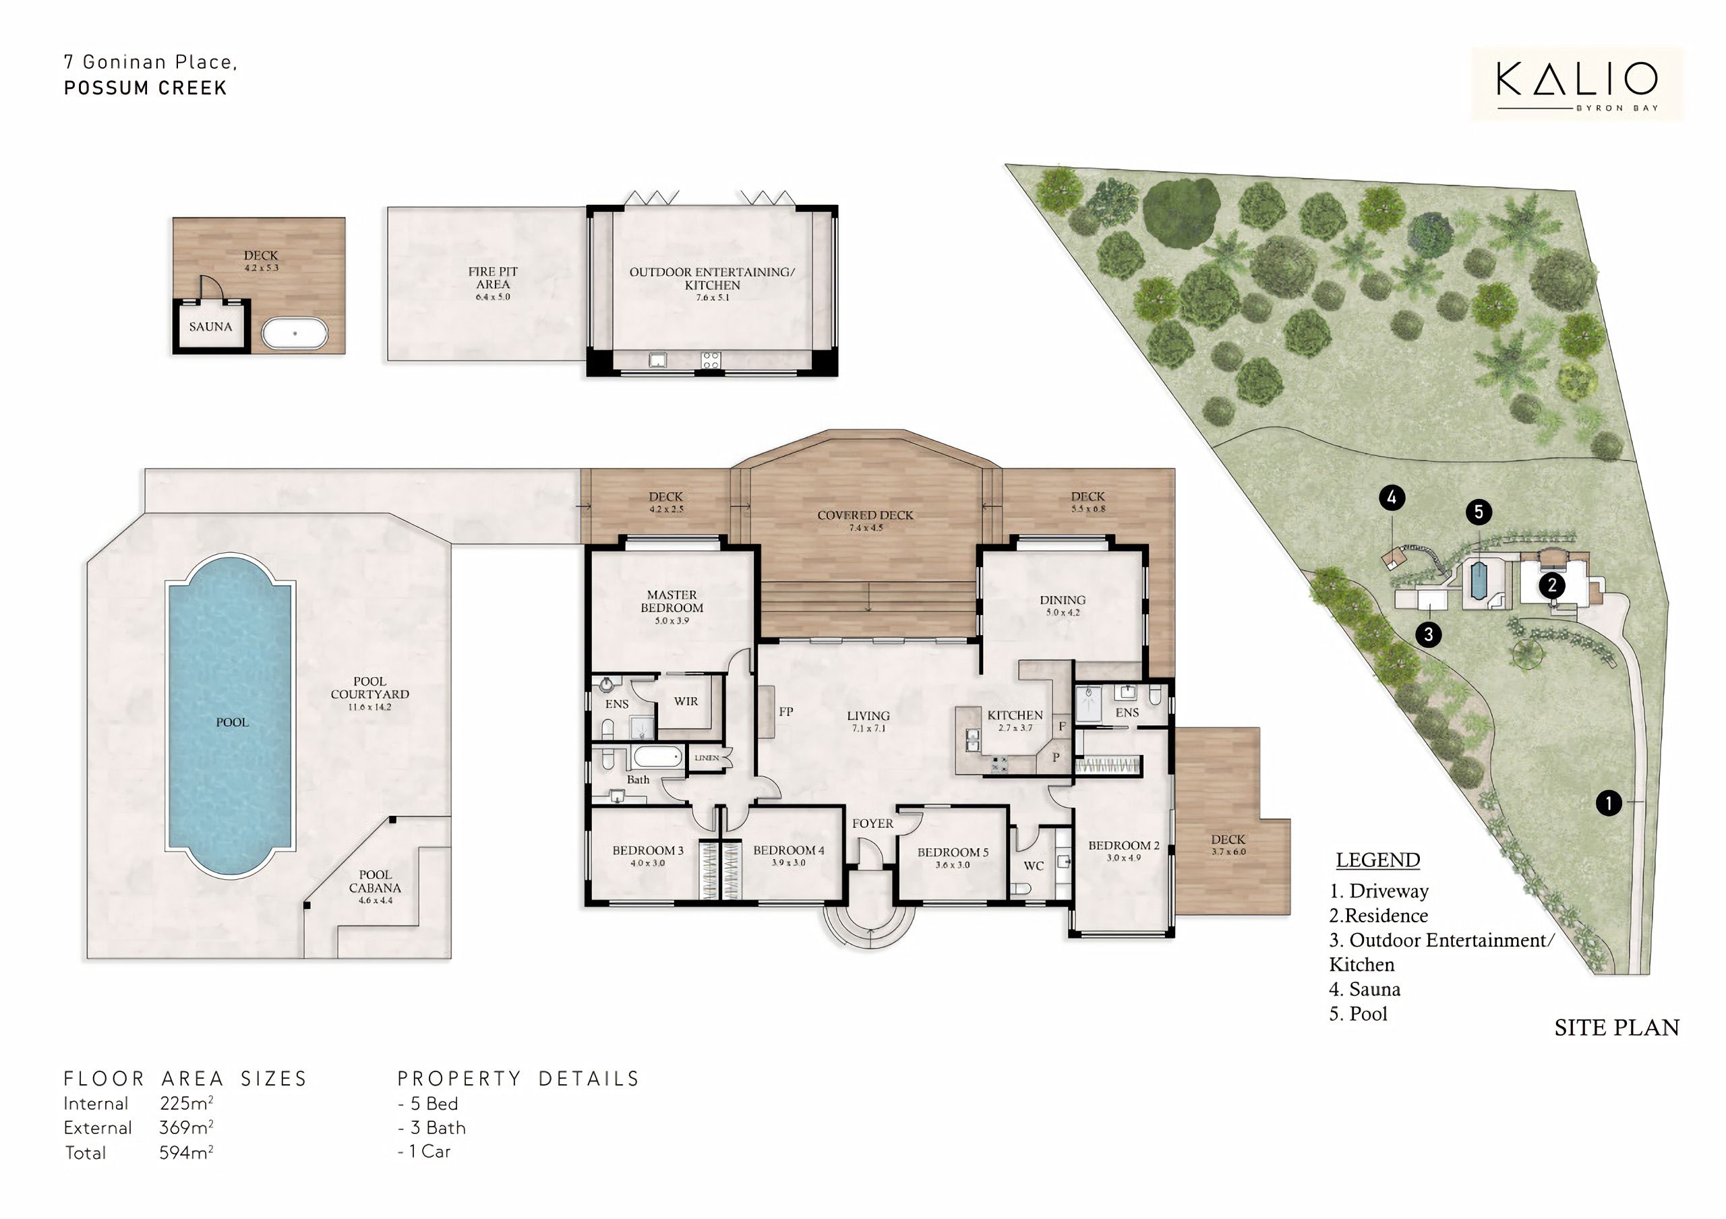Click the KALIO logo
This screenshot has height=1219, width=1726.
(x=1577, y=84)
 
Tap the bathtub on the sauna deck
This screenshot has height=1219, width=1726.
(x=295, y=333)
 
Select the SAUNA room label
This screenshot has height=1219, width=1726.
(x=210, y=327)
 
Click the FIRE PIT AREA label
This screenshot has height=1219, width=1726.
(x=493, y=277)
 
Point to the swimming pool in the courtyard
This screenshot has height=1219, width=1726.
(x=229, y=715)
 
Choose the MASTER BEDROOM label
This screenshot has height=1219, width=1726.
(x=672, y=601)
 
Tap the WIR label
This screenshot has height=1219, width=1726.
(x=686, y=701)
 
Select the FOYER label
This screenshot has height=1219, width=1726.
(x=872, y=824)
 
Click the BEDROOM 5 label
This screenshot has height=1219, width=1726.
(x=953, y=852)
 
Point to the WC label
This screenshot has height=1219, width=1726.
(x=1034, y=866)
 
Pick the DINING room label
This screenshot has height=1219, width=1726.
(x=1063, y=600)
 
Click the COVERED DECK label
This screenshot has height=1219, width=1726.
(x=865, y=516)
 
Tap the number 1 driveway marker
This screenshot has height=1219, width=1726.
(x=1609, y=804)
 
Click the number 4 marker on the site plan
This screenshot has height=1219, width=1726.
(x=1392, y=498)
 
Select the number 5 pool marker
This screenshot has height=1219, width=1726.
(x=1479, y=512)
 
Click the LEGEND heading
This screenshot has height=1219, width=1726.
(x=1378, y=860)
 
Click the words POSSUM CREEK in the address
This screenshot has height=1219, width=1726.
(x=145, y=88)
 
